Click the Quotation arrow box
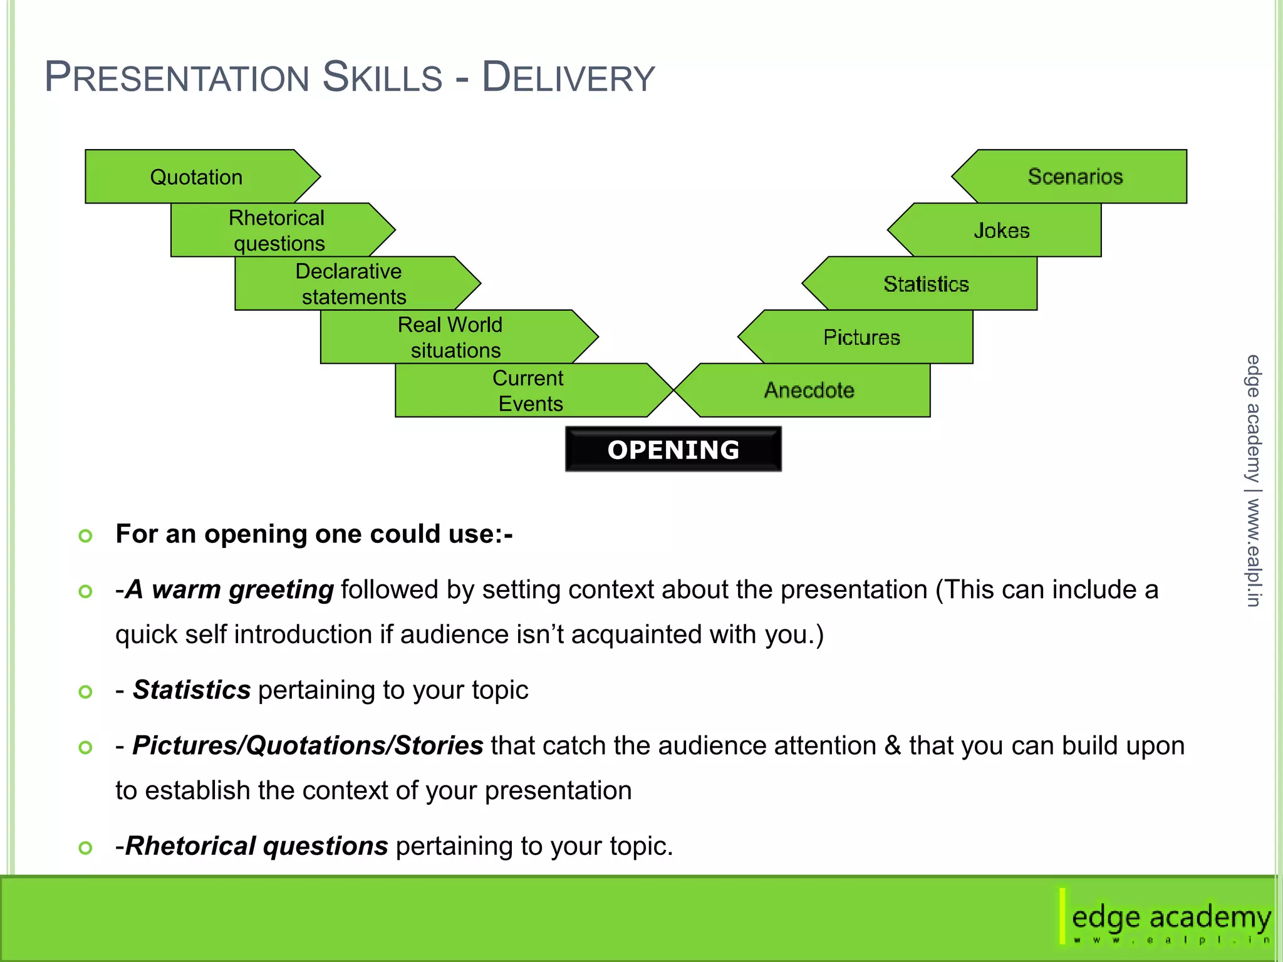tap(197, 177)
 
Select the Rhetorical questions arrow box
tap(277, 230)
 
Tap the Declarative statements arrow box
tap(351, 283)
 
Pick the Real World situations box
tap(451, 337)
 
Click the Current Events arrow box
tap(529, 390)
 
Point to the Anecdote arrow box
tap(809, 390)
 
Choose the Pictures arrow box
tap(861, 337)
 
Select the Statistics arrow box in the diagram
tap(925, 284)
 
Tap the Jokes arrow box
tap(1001, 230)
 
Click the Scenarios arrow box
tap(1075, 177)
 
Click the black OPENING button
tap(673, 450)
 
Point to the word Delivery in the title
tap(568, 78)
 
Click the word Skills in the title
tap(382, 78)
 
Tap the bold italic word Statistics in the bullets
tap(192, 690)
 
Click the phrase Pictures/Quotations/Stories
tap(308, 745)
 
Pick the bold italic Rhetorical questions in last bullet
tap(257, 846)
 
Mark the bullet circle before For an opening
tap(86, 535)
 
